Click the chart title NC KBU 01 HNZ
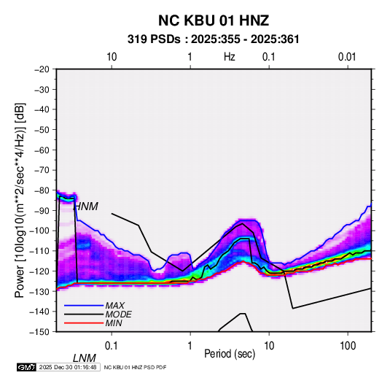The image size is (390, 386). (214, 20)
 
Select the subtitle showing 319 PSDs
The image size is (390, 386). (214, 39)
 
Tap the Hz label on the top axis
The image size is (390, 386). (229, 57)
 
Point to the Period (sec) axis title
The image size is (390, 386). (230, 354)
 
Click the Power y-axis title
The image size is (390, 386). (20, 201)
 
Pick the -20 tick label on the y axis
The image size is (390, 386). (42, 69)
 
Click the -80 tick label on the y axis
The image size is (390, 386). (42, 190)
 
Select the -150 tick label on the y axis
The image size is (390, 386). (39, 332)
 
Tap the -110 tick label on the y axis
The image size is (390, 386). (39, 251)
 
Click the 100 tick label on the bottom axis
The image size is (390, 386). (348, 346)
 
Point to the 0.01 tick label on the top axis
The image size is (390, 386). (347, 57)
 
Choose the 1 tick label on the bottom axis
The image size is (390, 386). (190, 346)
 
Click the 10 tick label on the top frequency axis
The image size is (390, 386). (112, 57)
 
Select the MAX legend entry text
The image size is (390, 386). (114, 306)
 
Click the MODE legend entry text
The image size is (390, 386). (118, 314)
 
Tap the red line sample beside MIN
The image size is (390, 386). (84, 323)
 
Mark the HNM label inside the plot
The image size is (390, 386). (86, 206)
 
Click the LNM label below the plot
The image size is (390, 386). (84, 358)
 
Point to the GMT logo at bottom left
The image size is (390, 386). (26, 367)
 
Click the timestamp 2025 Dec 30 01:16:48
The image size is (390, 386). (68, 367)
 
